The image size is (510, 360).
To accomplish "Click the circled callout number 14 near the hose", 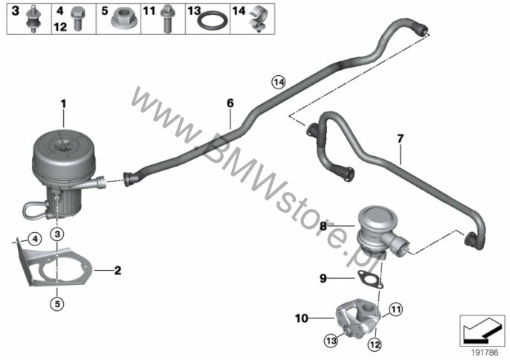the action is coord(279,83).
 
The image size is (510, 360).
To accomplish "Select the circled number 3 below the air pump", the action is coord(57,234).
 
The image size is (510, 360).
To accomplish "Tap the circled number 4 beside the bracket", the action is coord(35,240).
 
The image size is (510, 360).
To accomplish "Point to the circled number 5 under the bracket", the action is coord(57,304).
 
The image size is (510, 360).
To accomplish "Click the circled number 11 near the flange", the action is coord(396,309).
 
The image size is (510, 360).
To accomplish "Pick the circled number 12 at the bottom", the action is coord(375,344).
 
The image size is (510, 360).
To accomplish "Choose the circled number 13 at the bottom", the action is coord(331,341).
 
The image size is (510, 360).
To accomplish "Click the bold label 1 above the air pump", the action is coord(63,104).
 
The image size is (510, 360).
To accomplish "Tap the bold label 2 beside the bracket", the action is coord(117,270).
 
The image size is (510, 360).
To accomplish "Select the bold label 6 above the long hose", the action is coord(230,103).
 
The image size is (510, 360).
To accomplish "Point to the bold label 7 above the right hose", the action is coord(400,138).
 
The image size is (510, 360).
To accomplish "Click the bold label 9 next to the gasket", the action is coord(323,278).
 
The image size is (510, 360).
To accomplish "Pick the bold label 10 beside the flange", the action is coord(302,318).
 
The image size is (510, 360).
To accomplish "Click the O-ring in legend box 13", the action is coord(212,21).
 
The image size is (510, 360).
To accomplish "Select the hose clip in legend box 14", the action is coord(259,21).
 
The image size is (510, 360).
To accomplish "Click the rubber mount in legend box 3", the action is coord(33,19).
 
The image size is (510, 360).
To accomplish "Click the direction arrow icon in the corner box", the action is coord(482,331).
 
